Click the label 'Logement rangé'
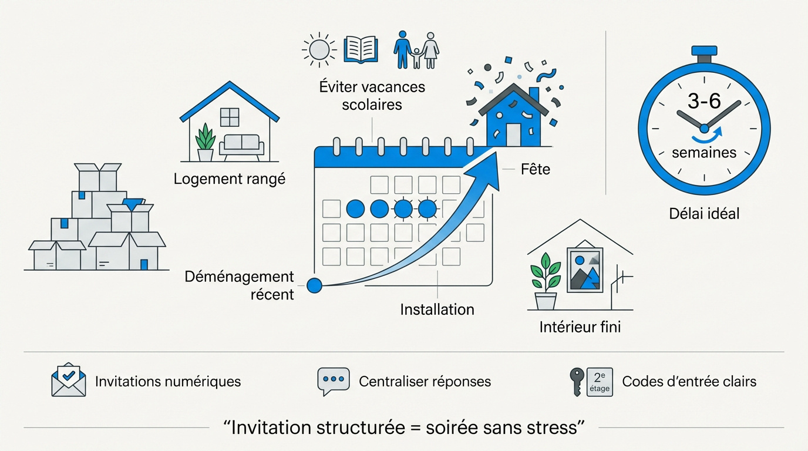(x=229, y=179)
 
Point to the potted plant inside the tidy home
(x=205, y=142)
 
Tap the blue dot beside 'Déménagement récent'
(x=315, y=285)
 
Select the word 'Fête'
(x=536, y=170)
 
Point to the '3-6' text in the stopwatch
(x=704, y=101)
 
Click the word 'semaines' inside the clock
(x=703, y=153)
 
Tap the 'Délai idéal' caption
(x=704, y=213)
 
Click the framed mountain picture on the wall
(x=584, y=269)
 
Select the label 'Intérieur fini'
(x=580, y=327)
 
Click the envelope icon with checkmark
(x=69, y=380)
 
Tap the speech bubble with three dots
(x=333, y=381)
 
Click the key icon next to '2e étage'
(x=577, y=381)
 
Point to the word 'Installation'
(x=437, y=309)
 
